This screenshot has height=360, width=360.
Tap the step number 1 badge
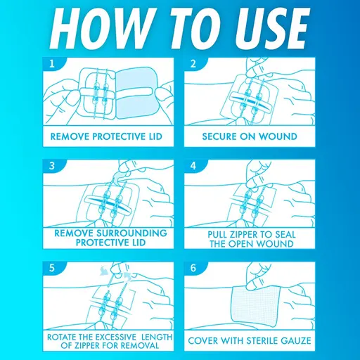coord(52,63)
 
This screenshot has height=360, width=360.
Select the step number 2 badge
coord(193,63)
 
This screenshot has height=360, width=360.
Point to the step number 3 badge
coord(52,166)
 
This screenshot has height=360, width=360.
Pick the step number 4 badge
coord(193,166)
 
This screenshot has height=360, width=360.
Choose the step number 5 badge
coord(52,268)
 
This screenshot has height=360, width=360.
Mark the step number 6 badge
coord(193,268)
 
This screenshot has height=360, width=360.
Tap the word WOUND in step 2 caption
coord(278,136)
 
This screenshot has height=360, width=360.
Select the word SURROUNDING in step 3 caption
coord(132,233)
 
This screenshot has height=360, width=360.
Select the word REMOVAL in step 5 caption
coord(141,345)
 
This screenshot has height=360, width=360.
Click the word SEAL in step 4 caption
coord(285,234)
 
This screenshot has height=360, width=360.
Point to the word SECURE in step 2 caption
coord(219,136)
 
